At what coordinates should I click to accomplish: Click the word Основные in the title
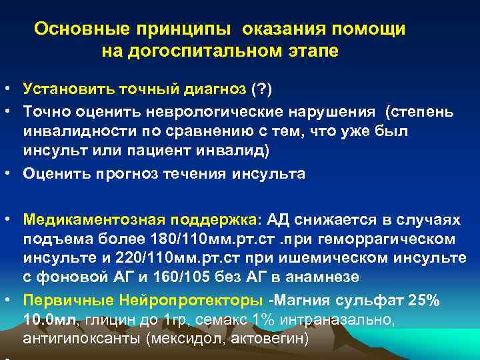[71, 29]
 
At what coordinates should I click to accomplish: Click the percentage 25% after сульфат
[423, 300]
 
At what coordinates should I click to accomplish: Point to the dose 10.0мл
[49, 320]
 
